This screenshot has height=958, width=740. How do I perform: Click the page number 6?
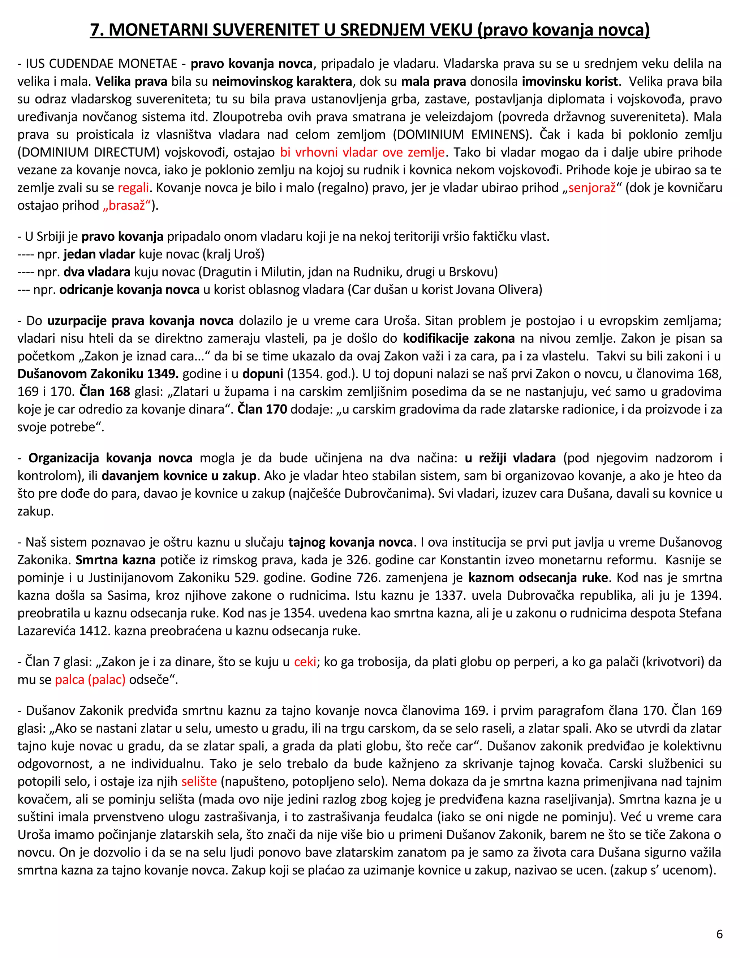point(719,934)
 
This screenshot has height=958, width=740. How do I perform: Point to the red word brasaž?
point(127,205)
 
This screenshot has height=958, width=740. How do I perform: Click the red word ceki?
point(305,662)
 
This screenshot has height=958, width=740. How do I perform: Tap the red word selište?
point(199,781)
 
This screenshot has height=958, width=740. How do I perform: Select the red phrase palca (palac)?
point(90,680)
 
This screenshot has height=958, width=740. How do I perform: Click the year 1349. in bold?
point(163,374)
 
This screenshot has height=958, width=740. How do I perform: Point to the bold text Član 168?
point(105,391)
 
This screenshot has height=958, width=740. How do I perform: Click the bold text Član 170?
point(262,409)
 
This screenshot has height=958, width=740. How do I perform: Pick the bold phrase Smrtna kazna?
point(115,560)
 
